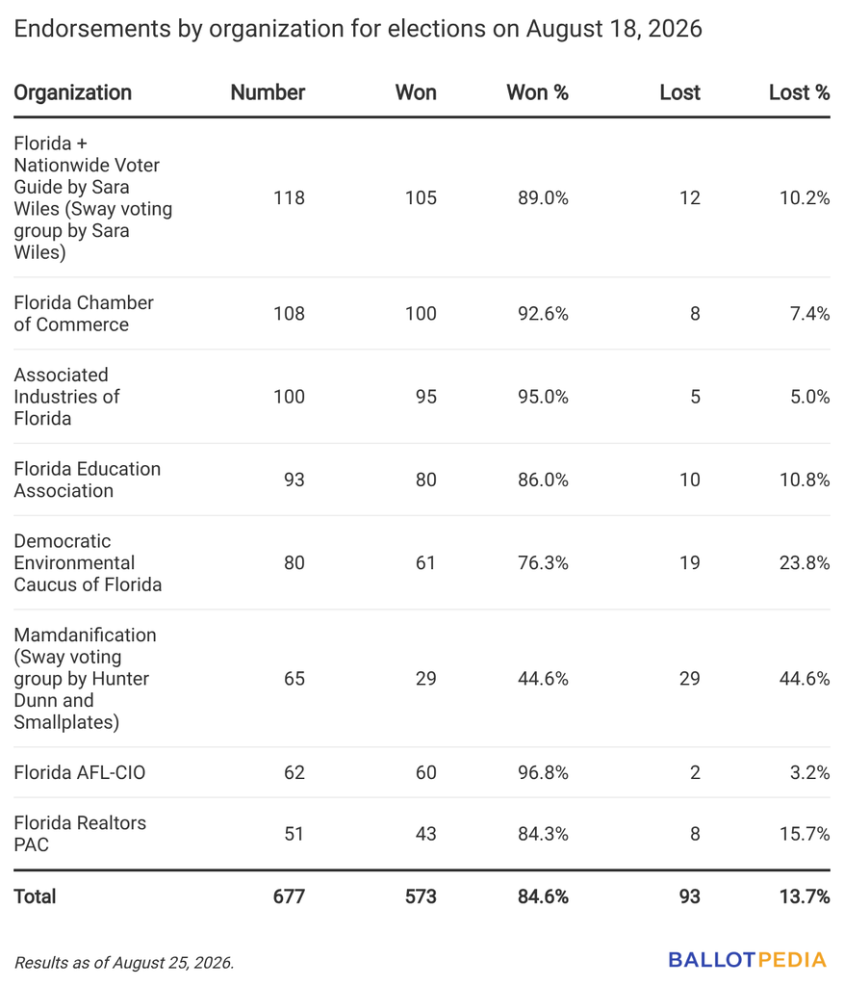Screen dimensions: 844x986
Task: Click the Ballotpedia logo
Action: point(747,960)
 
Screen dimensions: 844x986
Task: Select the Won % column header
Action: point(537,92)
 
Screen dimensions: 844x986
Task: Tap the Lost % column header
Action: point(800,92)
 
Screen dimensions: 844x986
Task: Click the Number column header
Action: point(268,92)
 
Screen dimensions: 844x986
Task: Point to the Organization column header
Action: point(73,93)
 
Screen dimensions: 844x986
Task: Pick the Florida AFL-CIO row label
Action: point(79,772)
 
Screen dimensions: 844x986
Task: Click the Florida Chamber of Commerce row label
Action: point(84,313)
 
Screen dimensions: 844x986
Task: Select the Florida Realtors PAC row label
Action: point(80,833)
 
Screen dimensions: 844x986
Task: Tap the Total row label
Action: point(35,896)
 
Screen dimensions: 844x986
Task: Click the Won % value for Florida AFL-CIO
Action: point(543,772)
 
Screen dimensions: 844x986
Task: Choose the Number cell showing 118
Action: point(289,198)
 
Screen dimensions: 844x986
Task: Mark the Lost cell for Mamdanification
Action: point(689,679)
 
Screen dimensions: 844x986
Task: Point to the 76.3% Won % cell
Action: point(543,562)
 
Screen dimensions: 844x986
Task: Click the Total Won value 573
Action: point(421,896)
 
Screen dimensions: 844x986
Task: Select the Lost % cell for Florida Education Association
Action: point(805,480)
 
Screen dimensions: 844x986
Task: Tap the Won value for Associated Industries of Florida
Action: point(426,397)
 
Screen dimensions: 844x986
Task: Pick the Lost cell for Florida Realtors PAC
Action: point(695,833)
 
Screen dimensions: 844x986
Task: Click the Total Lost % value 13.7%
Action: point(805,896)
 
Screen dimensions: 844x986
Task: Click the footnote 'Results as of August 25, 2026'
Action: point(124,963)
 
